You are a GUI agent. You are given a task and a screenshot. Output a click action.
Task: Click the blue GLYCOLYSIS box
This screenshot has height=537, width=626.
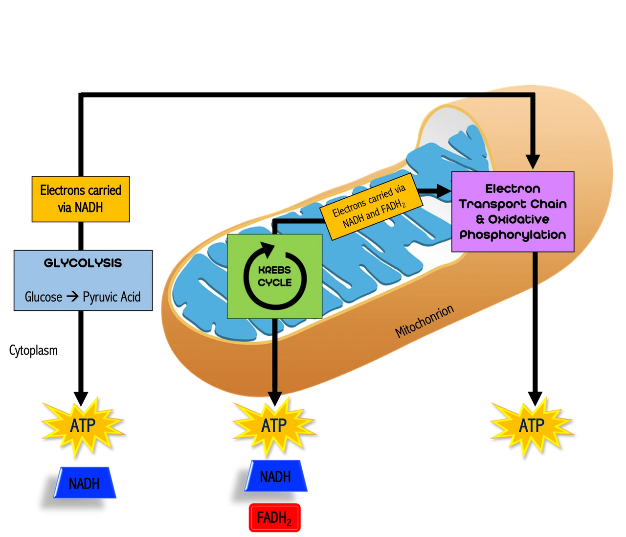[x=83, y=280]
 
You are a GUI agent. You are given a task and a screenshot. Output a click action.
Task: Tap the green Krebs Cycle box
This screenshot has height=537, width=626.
[x=275, y=276]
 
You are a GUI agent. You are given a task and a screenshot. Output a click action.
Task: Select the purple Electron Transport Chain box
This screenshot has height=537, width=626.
[x=513, y=211]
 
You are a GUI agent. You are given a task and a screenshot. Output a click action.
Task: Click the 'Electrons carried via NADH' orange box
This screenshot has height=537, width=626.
[x=81, y=199]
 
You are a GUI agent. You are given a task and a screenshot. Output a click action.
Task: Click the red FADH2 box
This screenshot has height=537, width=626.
[x=274, y=518]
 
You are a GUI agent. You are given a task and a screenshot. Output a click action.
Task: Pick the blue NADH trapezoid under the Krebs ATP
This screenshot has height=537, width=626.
[x=276, y=476]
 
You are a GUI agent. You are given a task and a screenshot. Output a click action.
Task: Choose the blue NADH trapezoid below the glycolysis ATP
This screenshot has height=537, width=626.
[x=85, y=483]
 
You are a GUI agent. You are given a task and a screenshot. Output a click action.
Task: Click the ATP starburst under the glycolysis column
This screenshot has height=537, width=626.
[x=82, y=426]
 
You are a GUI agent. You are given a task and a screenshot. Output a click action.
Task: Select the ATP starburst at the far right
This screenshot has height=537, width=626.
[x=531, y=426]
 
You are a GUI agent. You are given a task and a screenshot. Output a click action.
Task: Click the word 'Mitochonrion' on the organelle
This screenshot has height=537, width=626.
[x=425, y=321]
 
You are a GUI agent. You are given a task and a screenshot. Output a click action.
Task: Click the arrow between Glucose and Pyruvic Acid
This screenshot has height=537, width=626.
[x=72, y=296]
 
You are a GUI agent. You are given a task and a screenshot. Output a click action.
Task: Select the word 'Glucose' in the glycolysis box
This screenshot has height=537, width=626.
[x=44, y=297]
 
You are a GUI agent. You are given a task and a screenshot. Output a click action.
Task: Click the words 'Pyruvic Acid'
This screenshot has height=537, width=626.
[x=112, y=297]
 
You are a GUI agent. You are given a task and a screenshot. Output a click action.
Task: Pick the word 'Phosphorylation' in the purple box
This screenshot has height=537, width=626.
[x=513, y=235]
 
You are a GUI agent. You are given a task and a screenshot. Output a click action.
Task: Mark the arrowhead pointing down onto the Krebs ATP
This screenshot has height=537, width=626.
[x=275, y=397]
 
